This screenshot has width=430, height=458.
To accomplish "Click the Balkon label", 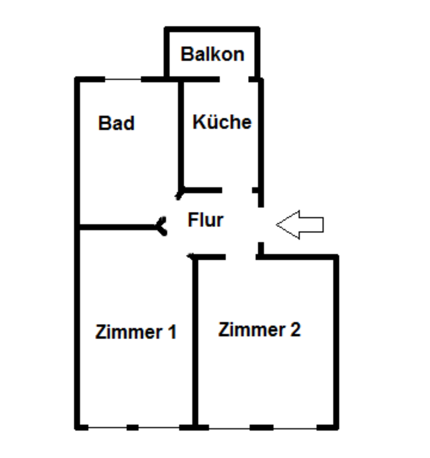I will point(212,54).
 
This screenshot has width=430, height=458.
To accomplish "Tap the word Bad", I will point(116,123).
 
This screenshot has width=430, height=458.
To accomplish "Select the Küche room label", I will point(222,122).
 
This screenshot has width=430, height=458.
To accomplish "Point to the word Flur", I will point(205,220).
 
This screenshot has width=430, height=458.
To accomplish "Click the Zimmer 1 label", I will point(136,332).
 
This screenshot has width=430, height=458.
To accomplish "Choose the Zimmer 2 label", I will point(259,330).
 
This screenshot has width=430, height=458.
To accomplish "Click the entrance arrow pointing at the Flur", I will point(300,224).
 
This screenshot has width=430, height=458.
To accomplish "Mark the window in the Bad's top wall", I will point(123,79).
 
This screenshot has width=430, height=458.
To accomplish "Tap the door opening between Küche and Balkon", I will point(234,79).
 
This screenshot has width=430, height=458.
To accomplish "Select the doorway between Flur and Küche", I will point(237,190).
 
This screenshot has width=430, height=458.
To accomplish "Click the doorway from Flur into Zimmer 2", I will point(241,257).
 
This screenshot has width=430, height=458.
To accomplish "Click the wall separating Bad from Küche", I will point(181,134).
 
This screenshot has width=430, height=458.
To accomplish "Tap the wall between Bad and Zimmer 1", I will point(119,227).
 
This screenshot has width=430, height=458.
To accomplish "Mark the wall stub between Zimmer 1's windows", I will point(132,427).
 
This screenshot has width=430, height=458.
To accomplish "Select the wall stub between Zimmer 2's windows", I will point(262,427).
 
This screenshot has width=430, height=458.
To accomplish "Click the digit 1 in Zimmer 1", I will point(172,332).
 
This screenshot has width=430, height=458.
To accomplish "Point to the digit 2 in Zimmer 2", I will point(295,330).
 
